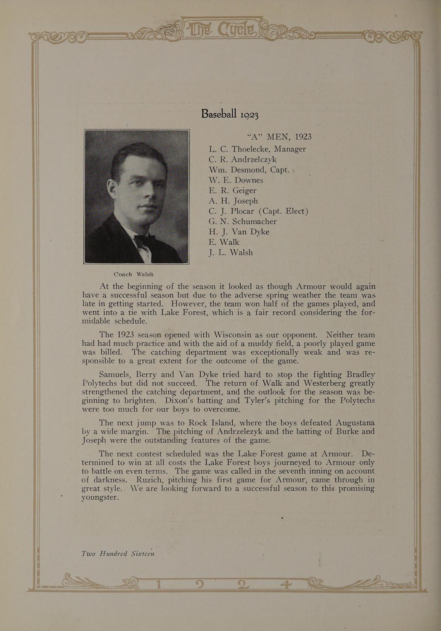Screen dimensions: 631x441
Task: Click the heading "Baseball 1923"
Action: pyautogui.click(x=229, y=114)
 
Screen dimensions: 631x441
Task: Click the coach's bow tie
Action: pyautogui.click(x=144, y=241)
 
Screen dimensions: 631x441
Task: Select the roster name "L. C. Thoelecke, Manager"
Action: pyautogui.click(x=257, y=149)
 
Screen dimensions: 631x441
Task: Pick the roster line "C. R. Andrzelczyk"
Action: pyautogui.click(x=242, y=159)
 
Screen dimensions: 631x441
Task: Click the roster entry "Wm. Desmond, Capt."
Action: pyautogui.click(x=249, y=170)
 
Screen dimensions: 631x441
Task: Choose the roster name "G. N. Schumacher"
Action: pyautogui.click(x=242, y=221)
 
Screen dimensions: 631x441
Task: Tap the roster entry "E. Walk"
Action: pyautogui.click(x=223, y=242)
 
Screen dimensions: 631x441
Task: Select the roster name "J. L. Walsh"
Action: pyautogui.click(x=231, y=252)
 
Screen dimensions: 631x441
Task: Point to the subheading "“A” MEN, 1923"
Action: pyautogui.click(x=279, y=137)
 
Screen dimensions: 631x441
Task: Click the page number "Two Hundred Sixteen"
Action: pyautogui.click(x=118, y=553)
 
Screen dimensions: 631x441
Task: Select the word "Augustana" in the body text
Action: pyautogui.click(x=355, y=423)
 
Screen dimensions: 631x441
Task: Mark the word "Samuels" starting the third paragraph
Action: pyautogui.click(x=115, y=374)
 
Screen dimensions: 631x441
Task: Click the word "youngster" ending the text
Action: pyautogui.click(x=100, y=497)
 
